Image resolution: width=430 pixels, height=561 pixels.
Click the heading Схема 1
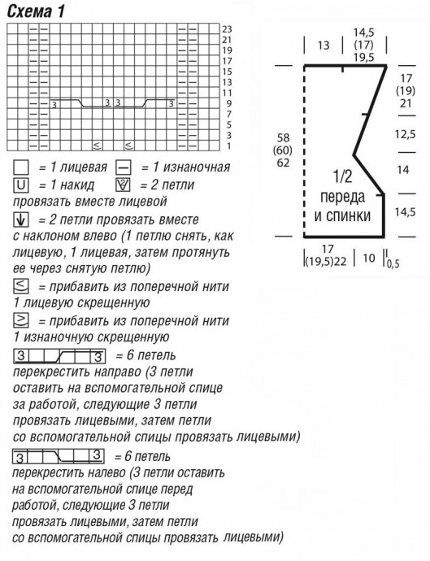(36, 11)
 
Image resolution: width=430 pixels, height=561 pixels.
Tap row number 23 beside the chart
(227, 28)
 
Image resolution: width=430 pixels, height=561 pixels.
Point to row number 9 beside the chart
(228, 104)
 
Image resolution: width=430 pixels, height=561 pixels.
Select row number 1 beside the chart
(228, 146)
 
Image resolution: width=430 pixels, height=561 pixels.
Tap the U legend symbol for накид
(22, 185)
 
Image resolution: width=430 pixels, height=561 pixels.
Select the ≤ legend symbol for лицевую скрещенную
(22, 286)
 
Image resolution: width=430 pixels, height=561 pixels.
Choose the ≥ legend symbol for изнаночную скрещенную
(22, 320)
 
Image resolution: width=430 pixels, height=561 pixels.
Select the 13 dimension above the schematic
(324, 46)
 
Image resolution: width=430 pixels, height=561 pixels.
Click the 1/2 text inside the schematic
(342, 176)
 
